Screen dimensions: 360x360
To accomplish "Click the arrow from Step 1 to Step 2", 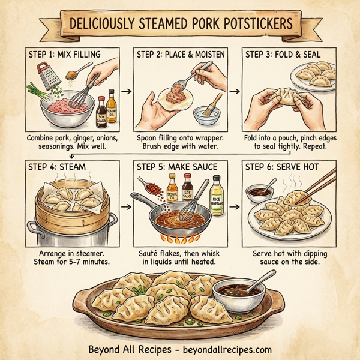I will pyautogui.click(x=126, y=92).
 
